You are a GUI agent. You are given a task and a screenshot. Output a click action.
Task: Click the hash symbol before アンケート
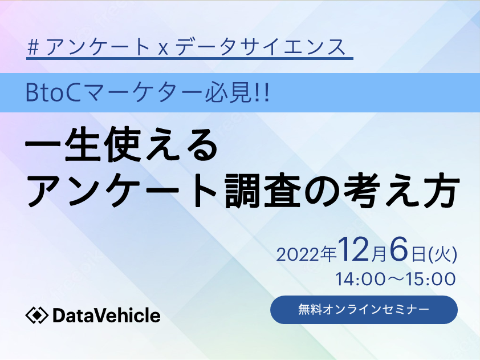pyautogui.click(x=33, y=47)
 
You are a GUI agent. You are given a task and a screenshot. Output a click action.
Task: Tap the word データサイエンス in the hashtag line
pyautogui.click(x=260, y=47)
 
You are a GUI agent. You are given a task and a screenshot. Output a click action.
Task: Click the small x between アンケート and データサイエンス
pyautogui.click(x=163, y=49)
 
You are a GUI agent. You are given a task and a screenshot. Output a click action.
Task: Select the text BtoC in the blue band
pyautogui.click(x=52, y=93)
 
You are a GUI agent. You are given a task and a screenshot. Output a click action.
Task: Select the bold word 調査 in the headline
pyautogui.click(x=263, y=190)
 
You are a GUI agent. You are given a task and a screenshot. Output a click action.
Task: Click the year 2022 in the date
pyautogui.click(x=298, y=255)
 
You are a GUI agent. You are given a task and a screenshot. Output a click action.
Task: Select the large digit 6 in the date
pyautogui.click(x=399, y=250)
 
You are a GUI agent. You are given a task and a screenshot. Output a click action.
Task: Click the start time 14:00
pyautogui.click(x=360, y=279)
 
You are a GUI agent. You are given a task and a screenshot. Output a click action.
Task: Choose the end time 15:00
pyautogui.click(x=431, y=279)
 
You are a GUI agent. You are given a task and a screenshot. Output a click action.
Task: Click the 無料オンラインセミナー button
pyautogui.click(x=364, y=309)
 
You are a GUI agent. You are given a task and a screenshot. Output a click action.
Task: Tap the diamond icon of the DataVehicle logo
pyautogui.click(x=36, y=315)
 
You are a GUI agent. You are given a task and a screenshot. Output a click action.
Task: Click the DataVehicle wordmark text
pyautogui.click(x=106, y=315)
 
